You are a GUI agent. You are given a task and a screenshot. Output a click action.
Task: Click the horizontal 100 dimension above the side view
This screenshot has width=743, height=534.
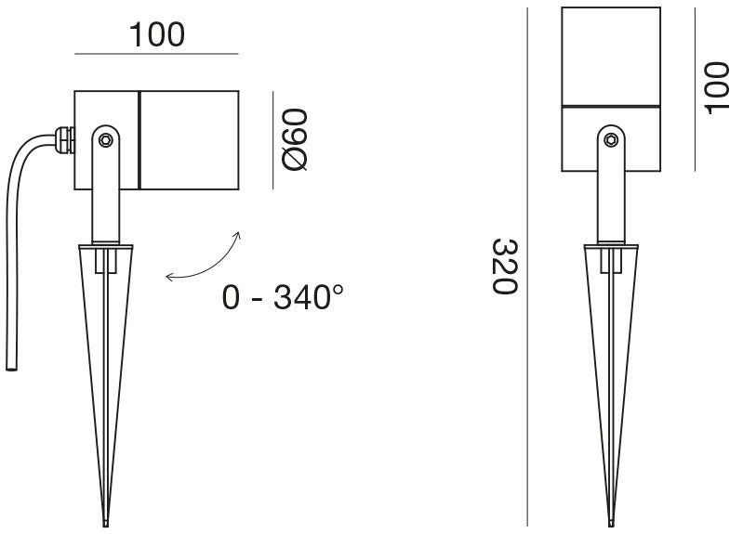click(157, 35)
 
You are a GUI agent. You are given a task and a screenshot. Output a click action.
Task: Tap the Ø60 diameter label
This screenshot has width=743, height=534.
click(294, 139)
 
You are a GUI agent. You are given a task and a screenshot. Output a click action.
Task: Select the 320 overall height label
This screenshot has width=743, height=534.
click(504, 267)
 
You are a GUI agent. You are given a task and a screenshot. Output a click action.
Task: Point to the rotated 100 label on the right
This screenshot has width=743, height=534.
click(716, 88)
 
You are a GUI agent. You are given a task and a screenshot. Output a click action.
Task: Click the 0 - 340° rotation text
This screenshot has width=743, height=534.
click(283, 297)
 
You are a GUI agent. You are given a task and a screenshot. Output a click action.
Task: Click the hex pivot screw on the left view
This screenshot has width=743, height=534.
click(105, 140)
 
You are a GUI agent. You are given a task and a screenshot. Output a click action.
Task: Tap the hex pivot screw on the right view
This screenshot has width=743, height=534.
click(611, 139)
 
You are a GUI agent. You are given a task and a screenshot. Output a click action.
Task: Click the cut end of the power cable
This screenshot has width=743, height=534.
click(11, 368)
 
